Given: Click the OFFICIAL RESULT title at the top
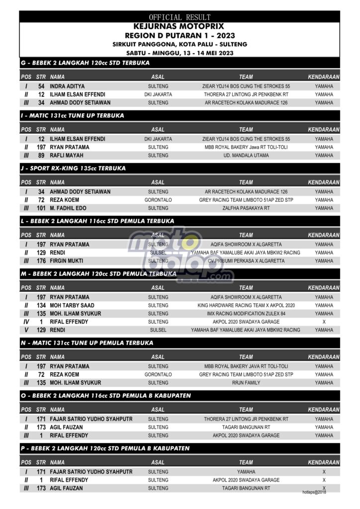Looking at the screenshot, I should (180, 17).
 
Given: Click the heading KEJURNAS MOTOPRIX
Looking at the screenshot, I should (180, 26).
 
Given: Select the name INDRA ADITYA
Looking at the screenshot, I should (67, 86).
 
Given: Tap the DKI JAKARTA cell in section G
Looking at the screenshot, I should (158, 94).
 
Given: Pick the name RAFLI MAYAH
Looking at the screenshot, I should (67, 156).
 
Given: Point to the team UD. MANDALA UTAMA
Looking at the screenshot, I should (246, 156).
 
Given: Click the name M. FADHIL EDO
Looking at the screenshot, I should (69, 208).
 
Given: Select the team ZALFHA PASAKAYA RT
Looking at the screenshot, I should (246, 208).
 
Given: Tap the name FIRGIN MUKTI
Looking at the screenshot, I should (67, 261).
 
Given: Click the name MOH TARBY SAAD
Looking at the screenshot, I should (72, 305).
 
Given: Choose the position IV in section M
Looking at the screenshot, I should (26, 322).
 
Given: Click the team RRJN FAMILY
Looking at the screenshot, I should (246, 383).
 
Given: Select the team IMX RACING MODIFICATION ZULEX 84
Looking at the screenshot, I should (246, 314).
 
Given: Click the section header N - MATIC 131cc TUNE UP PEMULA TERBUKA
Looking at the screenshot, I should (88, 343).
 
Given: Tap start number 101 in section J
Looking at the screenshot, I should (41, 208).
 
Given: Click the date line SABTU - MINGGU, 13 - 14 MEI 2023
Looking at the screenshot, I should (180, 53).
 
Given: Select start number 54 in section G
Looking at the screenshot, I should (41, 86).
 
